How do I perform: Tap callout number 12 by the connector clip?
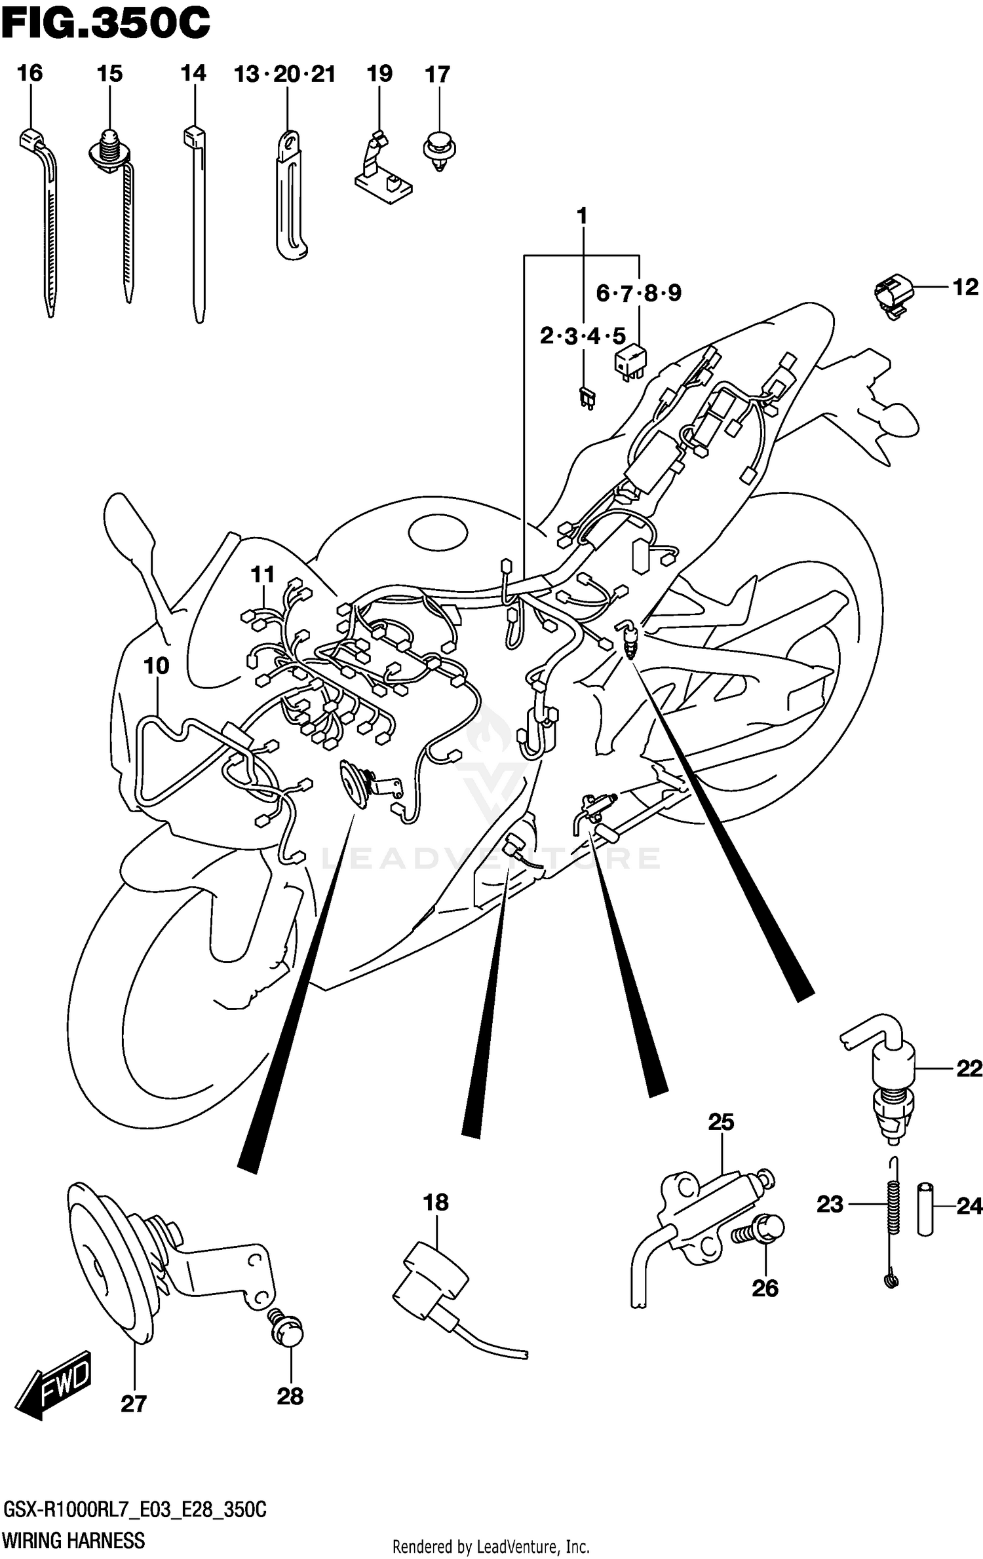tap(965, 287)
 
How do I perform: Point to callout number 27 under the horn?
tap(133, 1404)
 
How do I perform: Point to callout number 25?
tap(721, 1122)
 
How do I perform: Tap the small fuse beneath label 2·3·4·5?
tap(587, 397)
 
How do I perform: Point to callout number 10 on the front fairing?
tap(156, 666)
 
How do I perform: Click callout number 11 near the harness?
tap(263, 574)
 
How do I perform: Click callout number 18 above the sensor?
tap(436, 1203)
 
